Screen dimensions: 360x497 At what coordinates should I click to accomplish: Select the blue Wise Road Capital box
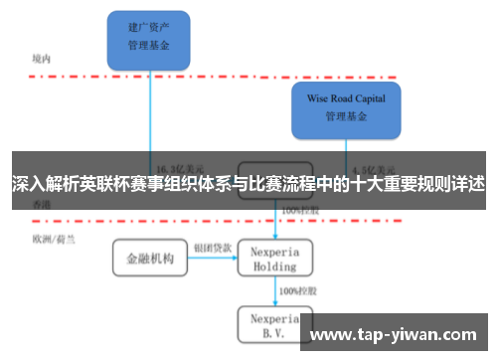pos(346,108)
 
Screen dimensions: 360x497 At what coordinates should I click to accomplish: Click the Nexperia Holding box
pos(274,259)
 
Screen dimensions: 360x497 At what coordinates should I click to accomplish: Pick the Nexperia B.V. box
pos(274,325)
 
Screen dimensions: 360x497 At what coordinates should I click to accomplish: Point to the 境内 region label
pos(41,59)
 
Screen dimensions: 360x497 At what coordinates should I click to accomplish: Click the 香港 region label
pos(41,204)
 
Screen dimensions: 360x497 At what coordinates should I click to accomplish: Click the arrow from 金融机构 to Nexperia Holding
pos(212,259)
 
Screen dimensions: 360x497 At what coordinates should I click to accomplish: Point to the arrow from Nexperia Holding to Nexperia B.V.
pos(274,291)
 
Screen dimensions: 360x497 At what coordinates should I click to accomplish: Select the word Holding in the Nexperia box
pos(274,267)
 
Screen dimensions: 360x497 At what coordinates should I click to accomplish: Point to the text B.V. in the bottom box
pos(274,334)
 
